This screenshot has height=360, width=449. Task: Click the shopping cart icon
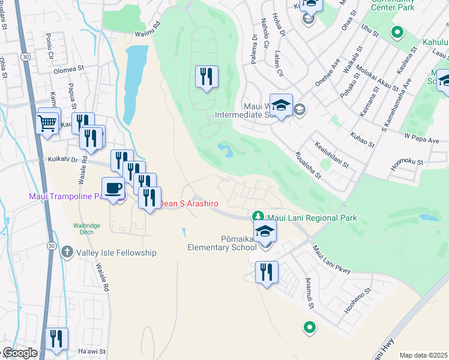pyautogui.click(x=47, y=123)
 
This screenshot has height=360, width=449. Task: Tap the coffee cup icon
pyautogui.click(x=113, y=188)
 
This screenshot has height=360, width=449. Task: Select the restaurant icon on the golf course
pyautogui.click(x=206, y=76)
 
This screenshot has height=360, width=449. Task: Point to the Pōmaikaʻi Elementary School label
pyautogui.click(x=222, y=242)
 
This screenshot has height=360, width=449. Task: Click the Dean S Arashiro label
pyautogui.click(x=183, y=205)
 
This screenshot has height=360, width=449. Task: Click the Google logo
pyautogui.click(x=19, y=353)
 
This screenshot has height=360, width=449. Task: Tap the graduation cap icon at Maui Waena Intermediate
pyautogui.click(x=281, y=104)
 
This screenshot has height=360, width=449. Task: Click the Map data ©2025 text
pyautogui.click(x=423, y=355)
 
